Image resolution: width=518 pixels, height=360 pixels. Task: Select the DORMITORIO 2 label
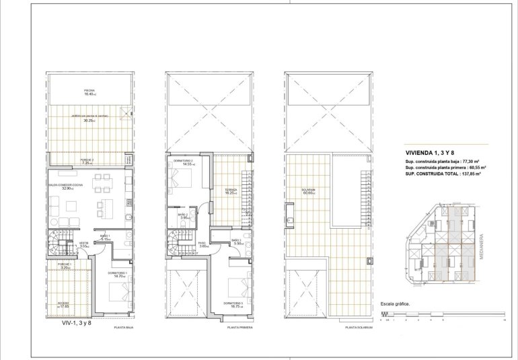pos(183,162)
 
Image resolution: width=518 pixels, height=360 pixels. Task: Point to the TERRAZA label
pos(231,190)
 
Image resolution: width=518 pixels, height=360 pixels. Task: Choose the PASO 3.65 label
pos(203,245)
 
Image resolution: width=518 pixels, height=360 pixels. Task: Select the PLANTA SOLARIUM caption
pos(358,328)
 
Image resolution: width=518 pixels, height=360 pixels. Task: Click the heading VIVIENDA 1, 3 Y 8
pos(430,152)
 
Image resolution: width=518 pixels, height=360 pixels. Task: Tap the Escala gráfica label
pos(396,303)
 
